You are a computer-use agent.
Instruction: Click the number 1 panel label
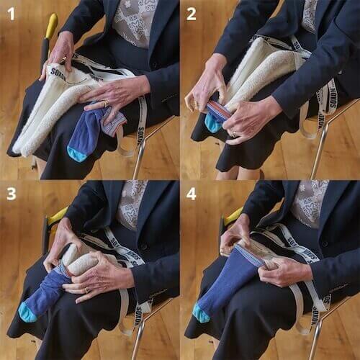11,13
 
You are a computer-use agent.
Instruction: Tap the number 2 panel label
192,13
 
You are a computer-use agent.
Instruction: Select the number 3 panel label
11,194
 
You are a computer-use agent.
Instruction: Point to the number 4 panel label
192,194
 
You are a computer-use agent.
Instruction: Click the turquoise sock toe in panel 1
77,153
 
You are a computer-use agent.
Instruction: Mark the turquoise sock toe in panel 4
202,314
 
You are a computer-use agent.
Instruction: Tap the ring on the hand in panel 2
233,132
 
